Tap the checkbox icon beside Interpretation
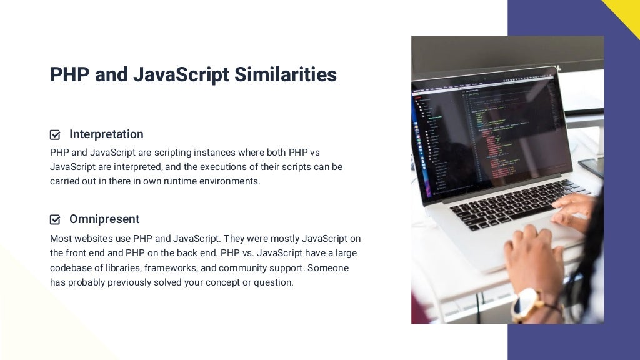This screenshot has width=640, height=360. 55,134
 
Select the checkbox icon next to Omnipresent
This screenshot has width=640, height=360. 55,219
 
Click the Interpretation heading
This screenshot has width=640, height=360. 106,134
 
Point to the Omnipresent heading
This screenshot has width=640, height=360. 104,219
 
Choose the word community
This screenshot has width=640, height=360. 246,268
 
